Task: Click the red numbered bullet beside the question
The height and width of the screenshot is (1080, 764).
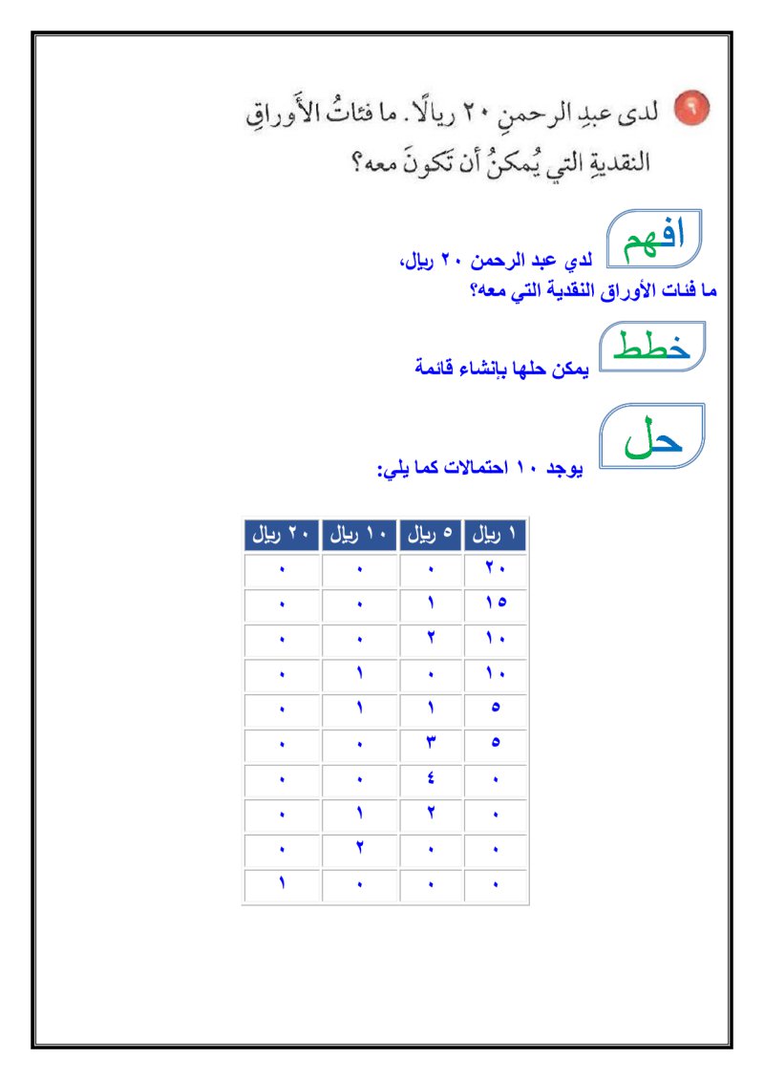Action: [691, 109]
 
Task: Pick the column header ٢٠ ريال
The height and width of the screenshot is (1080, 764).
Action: [282, 536]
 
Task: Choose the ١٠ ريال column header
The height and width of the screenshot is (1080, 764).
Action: [358, 536]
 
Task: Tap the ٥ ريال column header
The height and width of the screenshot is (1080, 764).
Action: [431, 536]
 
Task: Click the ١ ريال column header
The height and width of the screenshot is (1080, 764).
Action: [496, 536]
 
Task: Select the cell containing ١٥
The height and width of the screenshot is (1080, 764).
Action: [496, 604]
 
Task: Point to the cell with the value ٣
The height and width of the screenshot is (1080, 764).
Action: [432, 743]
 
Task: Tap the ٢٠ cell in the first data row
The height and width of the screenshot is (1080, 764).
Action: [496, 570]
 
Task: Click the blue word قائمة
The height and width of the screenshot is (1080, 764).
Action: [435, 367]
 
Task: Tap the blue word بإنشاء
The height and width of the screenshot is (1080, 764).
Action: [486, 367]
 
